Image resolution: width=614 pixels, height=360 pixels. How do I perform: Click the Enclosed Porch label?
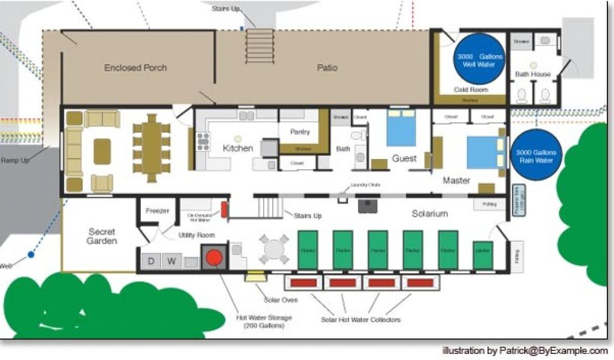click(135, 68)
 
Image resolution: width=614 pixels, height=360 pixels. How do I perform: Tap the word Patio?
click(327, 68)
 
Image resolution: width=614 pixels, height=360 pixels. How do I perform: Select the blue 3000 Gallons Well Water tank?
click(478, 59)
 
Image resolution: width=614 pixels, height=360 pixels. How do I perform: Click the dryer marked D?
click(151, 262)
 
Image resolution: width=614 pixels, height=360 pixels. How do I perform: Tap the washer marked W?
click(171, 262)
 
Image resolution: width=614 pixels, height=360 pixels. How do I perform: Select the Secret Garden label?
click(101, 236)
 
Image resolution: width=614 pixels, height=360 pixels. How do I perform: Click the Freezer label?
click(157, 211)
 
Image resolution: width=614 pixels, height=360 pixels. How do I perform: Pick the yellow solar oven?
click(256, 276)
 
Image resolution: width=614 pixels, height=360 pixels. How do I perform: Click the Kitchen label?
click(238, 148)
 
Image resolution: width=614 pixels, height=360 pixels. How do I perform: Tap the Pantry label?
click(299, 131)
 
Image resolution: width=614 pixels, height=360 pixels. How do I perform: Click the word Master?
click(456, 180)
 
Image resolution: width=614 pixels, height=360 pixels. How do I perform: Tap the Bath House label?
click(532, 74)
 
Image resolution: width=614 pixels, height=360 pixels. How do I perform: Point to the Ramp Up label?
click(15, 161)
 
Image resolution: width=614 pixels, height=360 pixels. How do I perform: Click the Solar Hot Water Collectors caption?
click(360, 320)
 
